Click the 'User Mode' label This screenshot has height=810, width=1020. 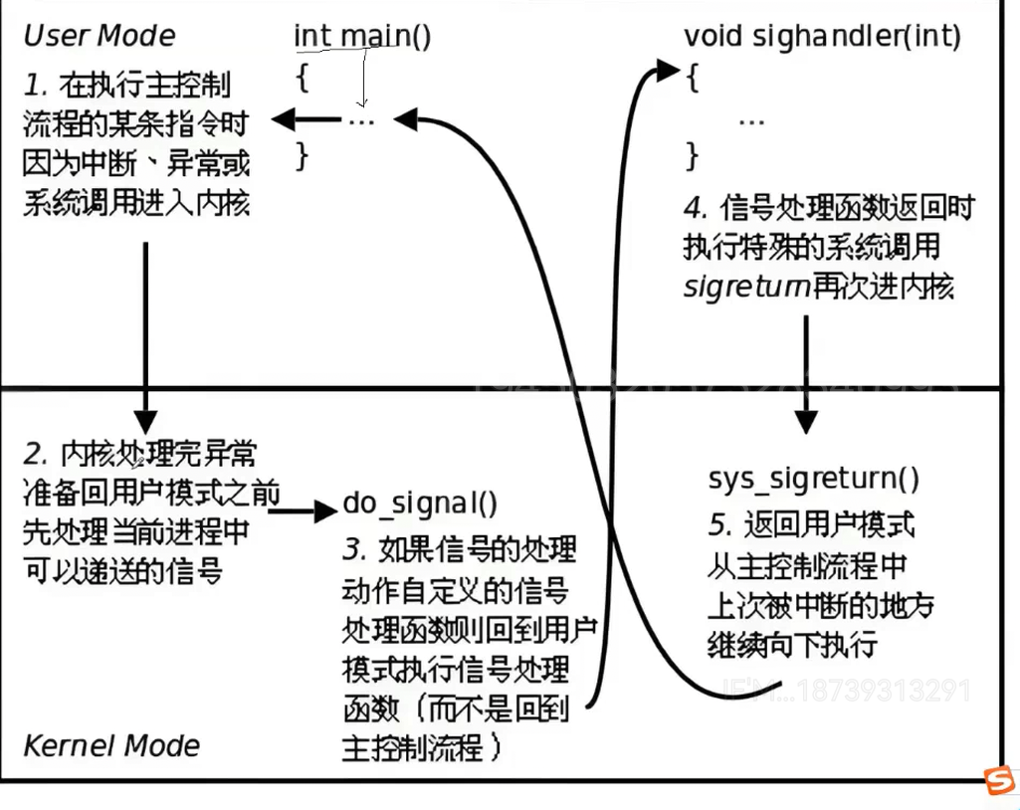coord(99,37)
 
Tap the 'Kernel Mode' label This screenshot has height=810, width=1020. coord(110,745)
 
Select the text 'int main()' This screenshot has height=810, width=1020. coord(362,37)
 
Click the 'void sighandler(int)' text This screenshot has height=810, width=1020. coord(822,37)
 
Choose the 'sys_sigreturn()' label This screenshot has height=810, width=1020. coord(814,479)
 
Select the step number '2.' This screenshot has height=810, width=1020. coord(36,455)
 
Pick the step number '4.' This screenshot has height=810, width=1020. coord(695,209)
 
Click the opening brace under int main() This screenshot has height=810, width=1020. coord(303,80)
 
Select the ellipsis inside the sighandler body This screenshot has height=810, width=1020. coord(751,118)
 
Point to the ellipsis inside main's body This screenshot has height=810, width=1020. coord(360,120)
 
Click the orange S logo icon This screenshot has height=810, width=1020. coord(999,781)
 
